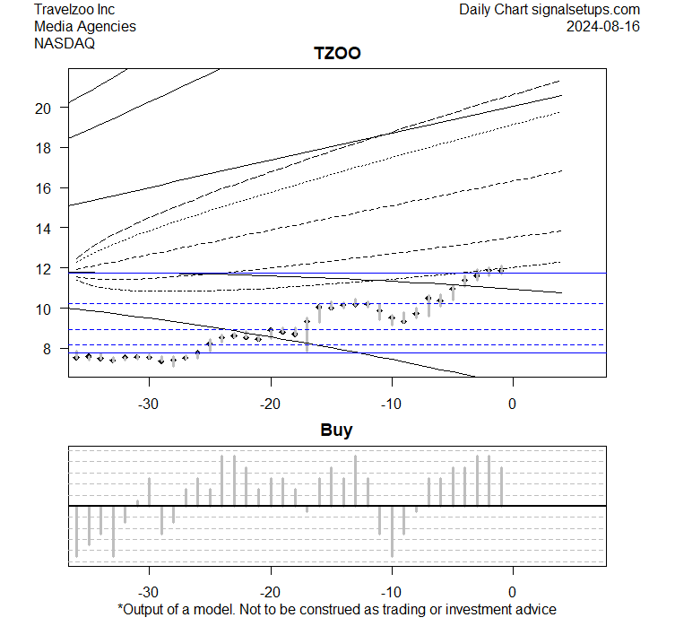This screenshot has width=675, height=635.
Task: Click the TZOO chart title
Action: tap(336, 54)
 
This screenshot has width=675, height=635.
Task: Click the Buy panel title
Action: tap(336, 431)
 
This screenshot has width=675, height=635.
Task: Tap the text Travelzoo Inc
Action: tap(74, 9)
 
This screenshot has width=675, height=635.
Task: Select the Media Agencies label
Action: tap(85, 26)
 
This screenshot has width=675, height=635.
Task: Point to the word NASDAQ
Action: tap(65, 43)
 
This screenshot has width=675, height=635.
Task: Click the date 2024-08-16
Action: tap(603, 26)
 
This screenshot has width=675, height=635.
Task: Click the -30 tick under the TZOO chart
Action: tap(149, 403)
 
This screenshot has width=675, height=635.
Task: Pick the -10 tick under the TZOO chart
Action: tap(391, 403)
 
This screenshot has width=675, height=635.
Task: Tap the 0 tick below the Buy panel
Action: tap(512, 592)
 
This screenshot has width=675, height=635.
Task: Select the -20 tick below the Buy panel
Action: tap(270, 592)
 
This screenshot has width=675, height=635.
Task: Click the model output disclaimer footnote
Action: tap(336, 610)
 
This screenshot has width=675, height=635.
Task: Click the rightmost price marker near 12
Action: tap(501, 269)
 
